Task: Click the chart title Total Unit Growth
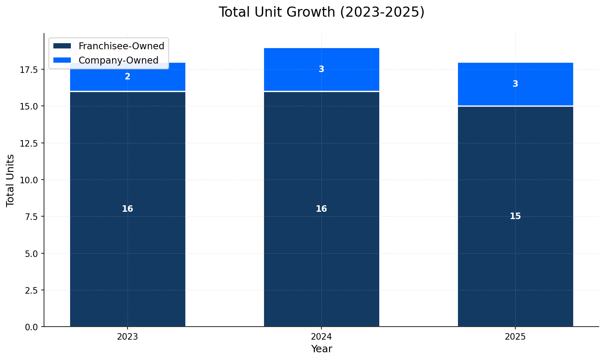[321, 12]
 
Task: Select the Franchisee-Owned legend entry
[121, 46]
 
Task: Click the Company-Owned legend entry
[118, 60]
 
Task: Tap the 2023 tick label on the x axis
[128, 337]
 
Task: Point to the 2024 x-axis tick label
[321, 337]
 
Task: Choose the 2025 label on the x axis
[515, 337]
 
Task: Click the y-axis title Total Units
[11, 180]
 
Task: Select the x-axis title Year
[321, 349]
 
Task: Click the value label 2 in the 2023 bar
[128, 77]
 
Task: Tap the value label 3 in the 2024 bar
[321, 69]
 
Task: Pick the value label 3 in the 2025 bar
[515, 84]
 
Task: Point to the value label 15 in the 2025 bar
[515, 216]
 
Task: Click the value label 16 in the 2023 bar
[128, 209]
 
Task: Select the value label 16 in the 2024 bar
[321, 209]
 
